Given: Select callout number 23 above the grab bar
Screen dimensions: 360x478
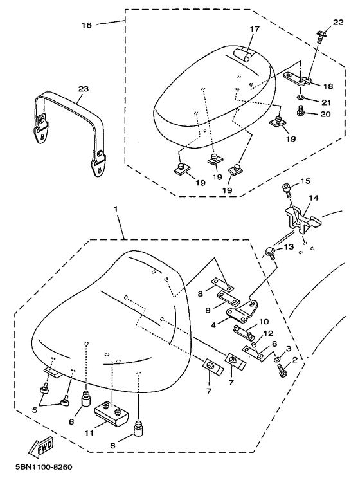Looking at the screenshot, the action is click(84, 89).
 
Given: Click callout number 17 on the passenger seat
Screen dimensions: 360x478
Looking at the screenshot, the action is click(255, 29).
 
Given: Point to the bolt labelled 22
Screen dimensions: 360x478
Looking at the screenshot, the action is click(320, 35).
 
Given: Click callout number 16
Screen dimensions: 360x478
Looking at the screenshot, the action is click(87, 25).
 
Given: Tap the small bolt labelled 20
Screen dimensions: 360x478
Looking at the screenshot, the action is click(300, 110).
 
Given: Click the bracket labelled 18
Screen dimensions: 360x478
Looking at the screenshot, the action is click(298, 78).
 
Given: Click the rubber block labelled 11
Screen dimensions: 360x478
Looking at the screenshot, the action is click(111, 412).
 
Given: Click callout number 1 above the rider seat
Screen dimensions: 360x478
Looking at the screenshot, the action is click(116, 209).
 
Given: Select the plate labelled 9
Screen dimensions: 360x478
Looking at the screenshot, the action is click(228, 298).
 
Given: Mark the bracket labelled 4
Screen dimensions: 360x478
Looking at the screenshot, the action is click(242, 311).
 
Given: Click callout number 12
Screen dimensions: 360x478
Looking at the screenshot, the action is click(269, 333).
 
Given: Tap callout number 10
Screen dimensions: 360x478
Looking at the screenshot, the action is click(264, 321).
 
